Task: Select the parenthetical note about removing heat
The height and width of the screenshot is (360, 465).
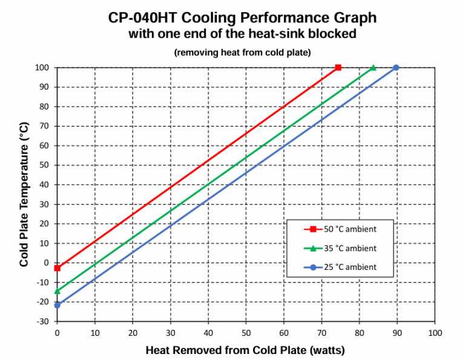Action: coord(242,53)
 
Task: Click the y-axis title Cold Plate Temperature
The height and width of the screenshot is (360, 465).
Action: coord(24,194)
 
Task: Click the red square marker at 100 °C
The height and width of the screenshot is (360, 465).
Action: coord(338,68)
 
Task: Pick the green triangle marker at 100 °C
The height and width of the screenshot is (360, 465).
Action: coord(373,68)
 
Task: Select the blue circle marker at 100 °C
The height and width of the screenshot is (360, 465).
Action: coord(396,68)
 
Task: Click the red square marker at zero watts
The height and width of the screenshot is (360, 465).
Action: coord(58,267)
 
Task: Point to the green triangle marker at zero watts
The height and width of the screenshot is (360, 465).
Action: coord(58,291)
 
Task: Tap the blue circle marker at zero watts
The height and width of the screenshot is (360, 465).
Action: coord(58,305)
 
